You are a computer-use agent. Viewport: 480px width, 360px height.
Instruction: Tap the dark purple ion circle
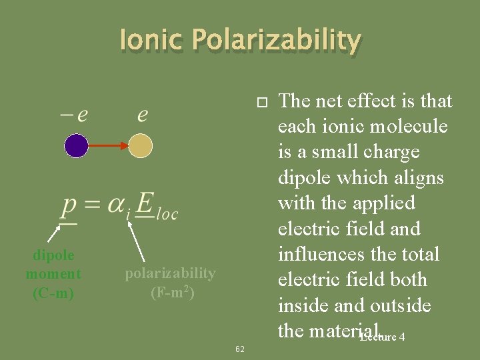pyautogui.click(x=77, y=145)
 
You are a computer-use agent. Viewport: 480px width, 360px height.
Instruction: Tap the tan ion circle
pyautogui.click(x=141, y=145)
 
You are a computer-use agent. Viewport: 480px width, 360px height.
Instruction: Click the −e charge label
pyautogui.click(x=74, y=115)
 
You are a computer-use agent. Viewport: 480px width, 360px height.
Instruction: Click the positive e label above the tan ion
pyautogui.click(x=143, y=115)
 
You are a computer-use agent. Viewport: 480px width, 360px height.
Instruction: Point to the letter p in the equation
pyautogui.click(x=69, y=207)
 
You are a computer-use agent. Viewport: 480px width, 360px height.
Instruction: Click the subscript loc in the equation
pyautogui.click(x=166, y=215)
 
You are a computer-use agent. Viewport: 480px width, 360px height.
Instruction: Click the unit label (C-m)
pyautogui.click(x=53, y=293)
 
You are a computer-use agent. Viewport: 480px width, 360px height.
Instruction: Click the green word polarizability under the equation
pyautogui.click(x=171, y=273)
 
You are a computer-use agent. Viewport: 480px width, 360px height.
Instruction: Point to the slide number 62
pyautogui.click(x=240, y=349)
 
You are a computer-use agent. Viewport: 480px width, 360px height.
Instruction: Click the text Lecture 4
pyautogui.click(x=382, y=337)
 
